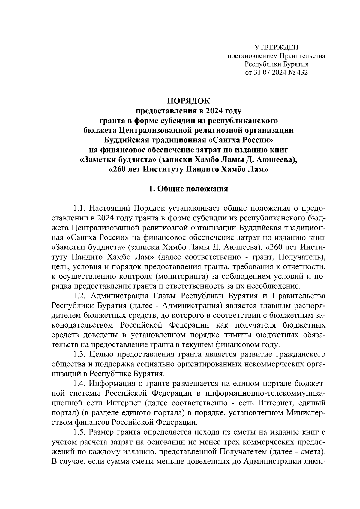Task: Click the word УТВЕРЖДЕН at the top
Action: point(277,48)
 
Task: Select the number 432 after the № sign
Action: point(301,72)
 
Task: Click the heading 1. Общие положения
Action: point(189,189)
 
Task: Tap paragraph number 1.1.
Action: point(80,208)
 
